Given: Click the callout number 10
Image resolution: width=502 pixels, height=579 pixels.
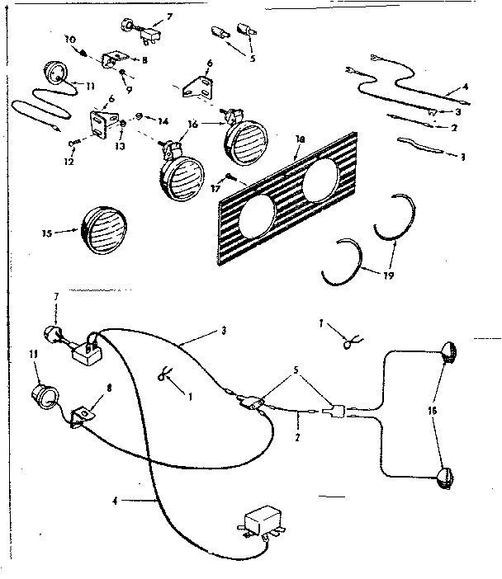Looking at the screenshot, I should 69,39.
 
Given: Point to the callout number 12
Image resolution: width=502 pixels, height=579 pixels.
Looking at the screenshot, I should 69,162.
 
